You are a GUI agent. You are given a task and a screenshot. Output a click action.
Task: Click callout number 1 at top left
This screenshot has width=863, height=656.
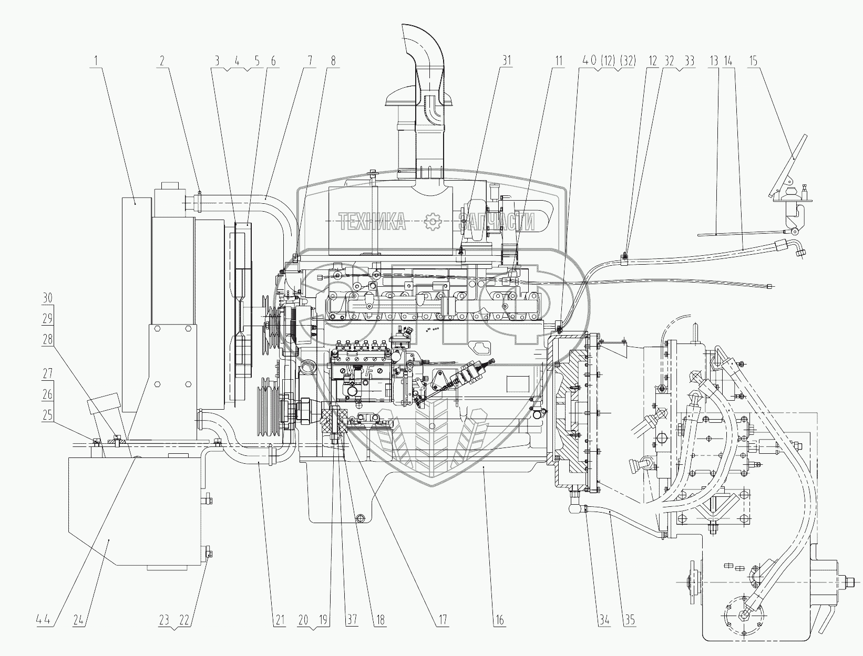pyautogui.click(x=96, y=61)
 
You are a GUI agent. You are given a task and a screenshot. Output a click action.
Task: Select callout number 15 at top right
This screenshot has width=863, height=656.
pyautogui.click(x=753, y=61)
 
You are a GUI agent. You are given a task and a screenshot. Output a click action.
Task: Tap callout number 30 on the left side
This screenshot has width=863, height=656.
pyautogui.click(x=47, y=297)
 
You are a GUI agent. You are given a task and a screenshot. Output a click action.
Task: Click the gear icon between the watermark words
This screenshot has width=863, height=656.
pyautogui.click(x=433, y=222)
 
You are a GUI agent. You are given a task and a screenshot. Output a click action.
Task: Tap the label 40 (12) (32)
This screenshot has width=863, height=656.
pyautogui.click(x=607, y=61)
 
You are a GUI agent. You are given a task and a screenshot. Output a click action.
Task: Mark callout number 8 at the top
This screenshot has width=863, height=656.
pyautogui.click(x=333, y=61)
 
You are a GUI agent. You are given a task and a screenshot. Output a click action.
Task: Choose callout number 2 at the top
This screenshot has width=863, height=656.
pyautogui.click(x=161, y=61)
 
